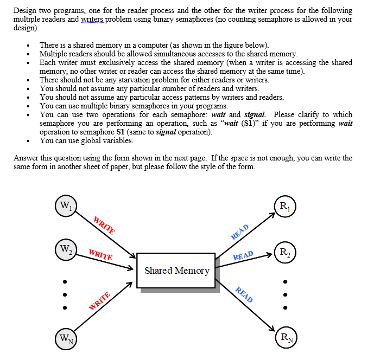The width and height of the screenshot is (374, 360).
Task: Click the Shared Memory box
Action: coord(176,270)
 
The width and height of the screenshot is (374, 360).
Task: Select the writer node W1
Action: coord(65,206)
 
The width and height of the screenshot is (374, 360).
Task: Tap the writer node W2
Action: coord(65,250)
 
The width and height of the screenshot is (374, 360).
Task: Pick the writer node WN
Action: coord(65,341)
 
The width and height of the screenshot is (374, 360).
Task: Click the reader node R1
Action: coord(285,206)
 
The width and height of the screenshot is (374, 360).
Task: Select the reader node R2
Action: coord(285,251)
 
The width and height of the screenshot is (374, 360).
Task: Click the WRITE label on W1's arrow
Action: coord(104,226)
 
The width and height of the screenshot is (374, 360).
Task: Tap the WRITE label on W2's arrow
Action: coord(100,254)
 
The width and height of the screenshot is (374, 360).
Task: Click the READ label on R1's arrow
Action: coord(239,232)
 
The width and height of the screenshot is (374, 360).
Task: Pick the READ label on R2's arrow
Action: coord(243,255)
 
